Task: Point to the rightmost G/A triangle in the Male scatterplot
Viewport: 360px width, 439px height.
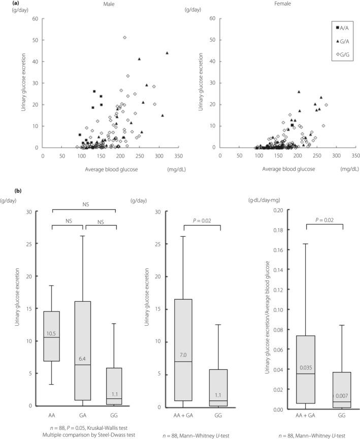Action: (x=167, y=53)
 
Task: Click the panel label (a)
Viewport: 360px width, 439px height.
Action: (x=5, y=4)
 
